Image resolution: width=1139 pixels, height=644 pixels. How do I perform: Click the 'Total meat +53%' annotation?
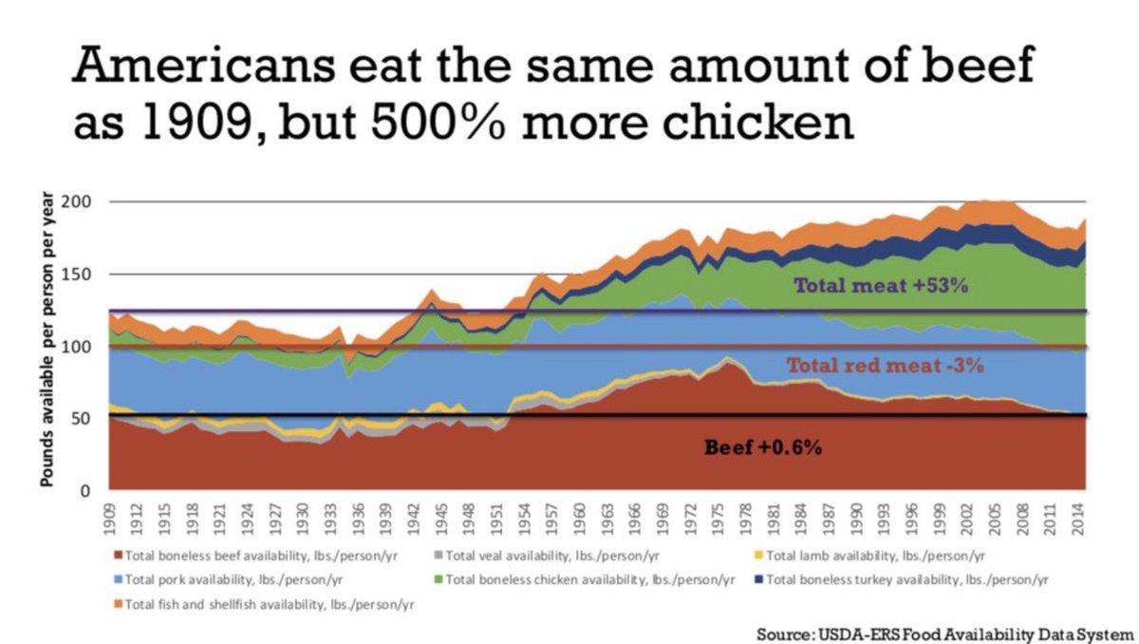point(881,284)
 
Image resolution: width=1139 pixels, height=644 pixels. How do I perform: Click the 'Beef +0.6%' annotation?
point(762,445)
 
